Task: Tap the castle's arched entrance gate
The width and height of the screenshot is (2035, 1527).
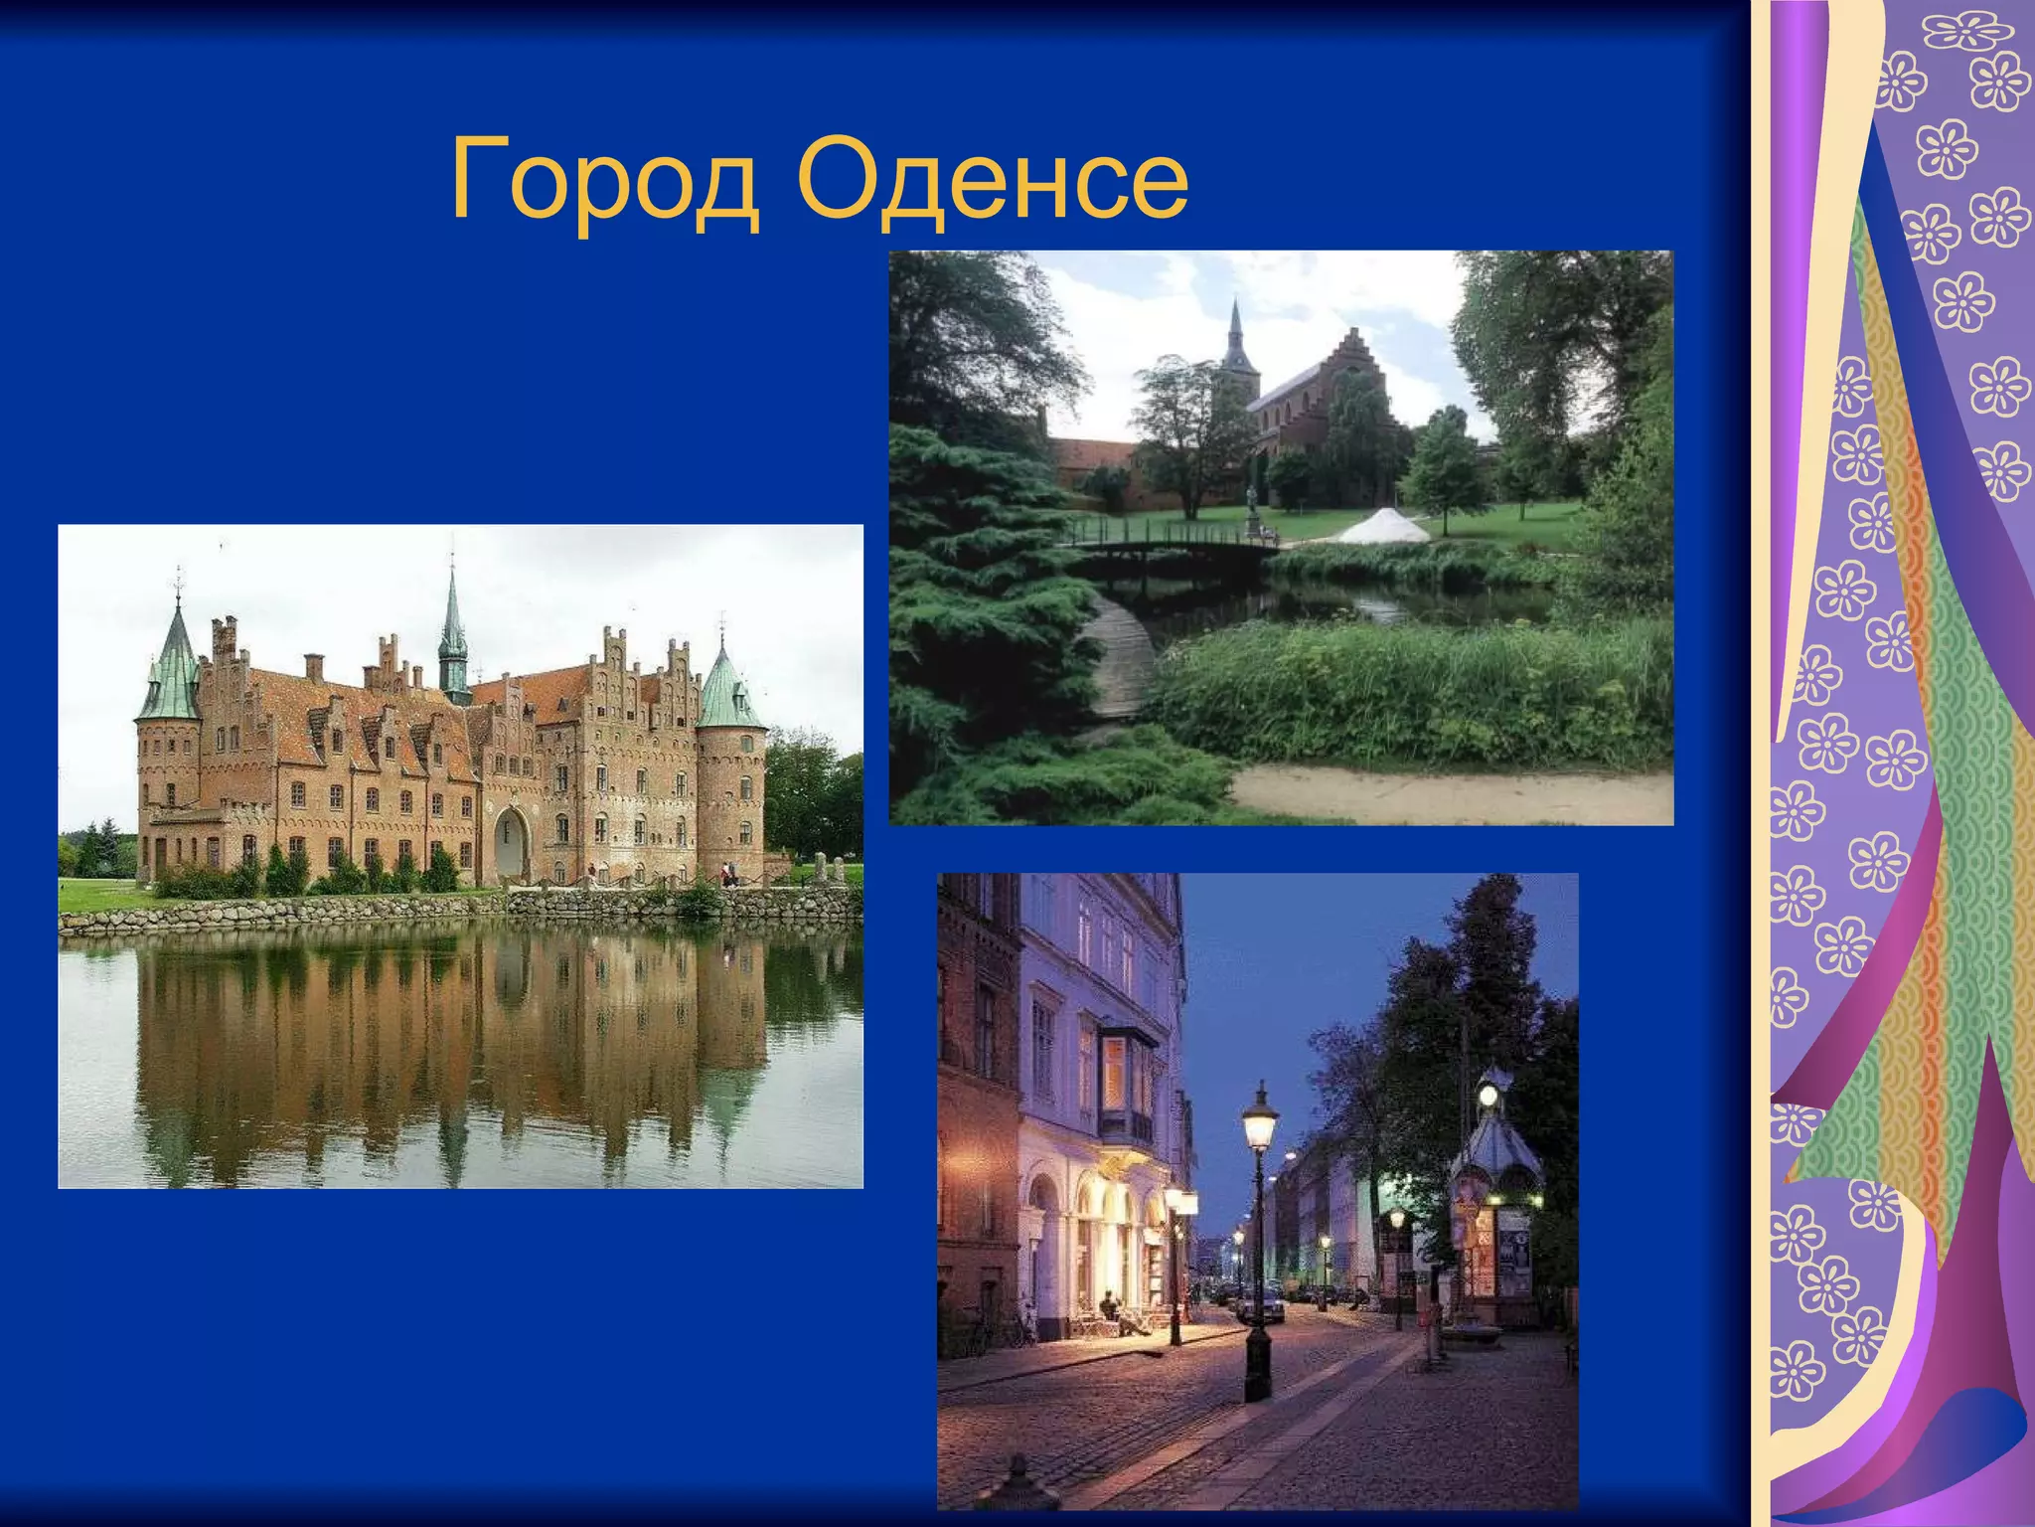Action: pos(512,843)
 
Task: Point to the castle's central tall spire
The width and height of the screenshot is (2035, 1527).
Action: pos(453,626)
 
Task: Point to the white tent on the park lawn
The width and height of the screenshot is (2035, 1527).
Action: pos(1382,527)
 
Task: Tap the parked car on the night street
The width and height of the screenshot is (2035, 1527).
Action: pos(1262,1302)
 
